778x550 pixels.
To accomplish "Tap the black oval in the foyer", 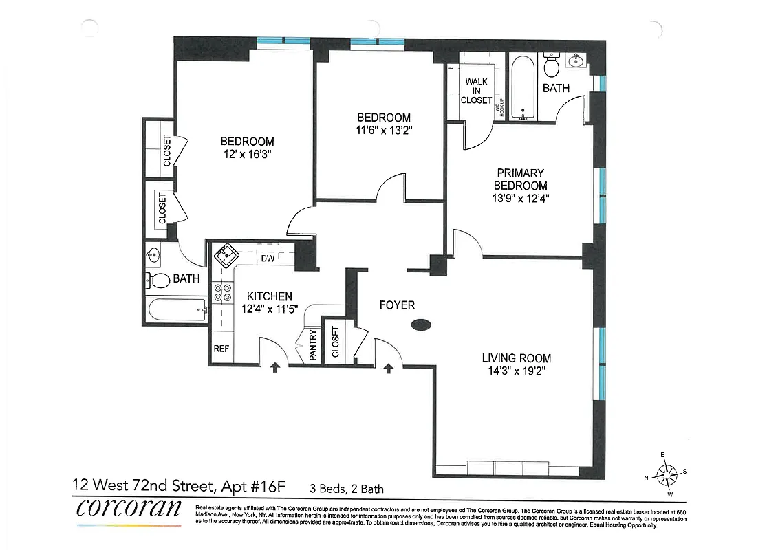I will [421, 325].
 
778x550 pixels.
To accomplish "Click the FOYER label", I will [397, 305].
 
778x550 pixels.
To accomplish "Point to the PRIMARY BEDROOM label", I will [521, 179].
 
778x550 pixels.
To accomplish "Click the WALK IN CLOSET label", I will [477, 91].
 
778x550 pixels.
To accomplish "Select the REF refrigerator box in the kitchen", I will [221, 349].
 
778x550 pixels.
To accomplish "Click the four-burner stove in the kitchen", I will [223, 294].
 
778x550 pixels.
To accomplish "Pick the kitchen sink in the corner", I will [225, 258].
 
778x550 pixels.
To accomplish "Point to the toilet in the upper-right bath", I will [551, 67].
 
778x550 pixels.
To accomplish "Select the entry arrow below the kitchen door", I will [275, 368].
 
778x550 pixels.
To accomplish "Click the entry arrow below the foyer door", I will [388, 368].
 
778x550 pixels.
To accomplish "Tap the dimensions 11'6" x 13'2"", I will [383, 129].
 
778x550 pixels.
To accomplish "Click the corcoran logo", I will [129, 509].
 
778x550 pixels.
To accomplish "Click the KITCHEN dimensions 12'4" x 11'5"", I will [269, 309].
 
